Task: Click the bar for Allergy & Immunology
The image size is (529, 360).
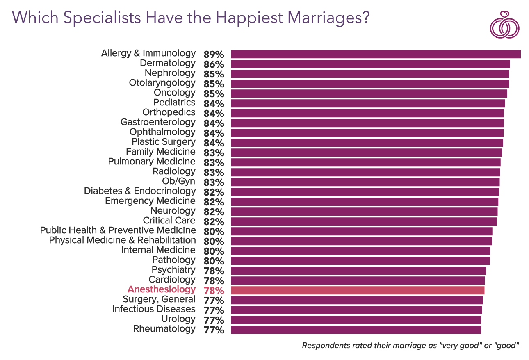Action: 375,54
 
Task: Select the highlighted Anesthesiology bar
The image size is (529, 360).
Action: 357,290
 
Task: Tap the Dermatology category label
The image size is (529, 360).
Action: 168,63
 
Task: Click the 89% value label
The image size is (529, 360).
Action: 214,55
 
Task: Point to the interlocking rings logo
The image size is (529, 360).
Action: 504,26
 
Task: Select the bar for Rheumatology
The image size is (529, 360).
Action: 356,330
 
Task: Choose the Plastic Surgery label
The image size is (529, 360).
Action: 164,142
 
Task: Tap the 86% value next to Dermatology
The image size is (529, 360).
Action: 214,64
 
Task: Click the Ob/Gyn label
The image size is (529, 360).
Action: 179,181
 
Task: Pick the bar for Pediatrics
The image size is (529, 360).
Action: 367,103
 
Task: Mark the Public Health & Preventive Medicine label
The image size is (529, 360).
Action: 118,230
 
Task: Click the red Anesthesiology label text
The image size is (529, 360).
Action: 162,289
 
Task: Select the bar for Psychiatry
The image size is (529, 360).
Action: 358,271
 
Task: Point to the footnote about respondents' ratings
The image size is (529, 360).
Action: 410,346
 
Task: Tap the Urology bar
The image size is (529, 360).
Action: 356,320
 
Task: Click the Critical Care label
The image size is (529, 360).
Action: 169,221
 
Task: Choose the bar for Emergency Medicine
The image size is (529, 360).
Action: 364,202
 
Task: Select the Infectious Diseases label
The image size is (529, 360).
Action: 154,309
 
